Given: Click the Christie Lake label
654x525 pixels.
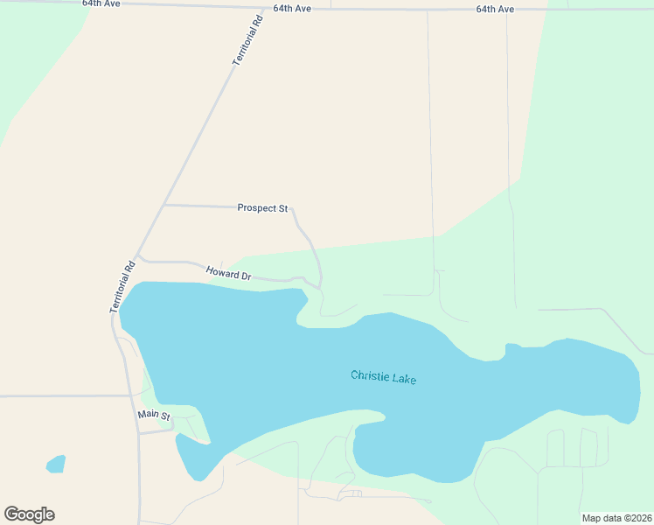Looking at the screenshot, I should coord(383,377).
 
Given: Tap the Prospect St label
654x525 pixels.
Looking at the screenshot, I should coord(262,208).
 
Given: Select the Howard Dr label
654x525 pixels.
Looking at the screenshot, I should coord(228,274).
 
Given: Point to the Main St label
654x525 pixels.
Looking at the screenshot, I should coord(153,415).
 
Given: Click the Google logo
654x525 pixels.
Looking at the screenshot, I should coord(29,514).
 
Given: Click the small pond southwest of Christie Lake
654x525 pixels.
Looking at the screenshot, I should coord(56,463).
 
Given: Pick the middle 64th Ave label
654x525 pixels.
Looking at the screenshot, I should coord(292,8).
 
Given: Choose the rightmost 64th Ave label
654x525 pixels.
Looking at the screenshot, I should coord(495,9).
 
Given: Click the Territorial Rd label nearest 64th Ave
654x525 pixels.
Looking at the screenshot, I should coord(247,41).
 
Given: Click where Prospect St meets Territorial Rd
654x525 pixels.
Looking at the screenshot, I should coord(164,205).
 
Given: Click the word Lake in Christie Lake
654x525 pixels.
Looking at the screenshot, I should coord(404,379).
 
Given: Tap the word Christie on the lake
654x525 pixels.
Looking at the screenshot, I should coord(370,376).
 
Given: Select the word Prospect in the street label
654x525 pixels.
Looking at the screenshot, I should coord(255,208).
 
